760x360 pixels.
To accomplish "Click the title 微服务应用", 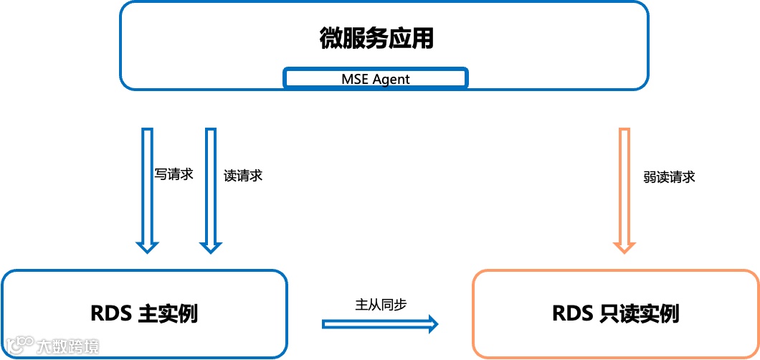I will [376, 38].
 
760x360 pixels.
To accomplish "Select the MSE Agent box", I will [376, 78].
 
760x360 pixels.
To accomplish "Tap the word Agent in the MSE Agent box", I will [390, 79].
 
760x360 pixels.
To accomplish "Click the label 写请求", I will [174, 174].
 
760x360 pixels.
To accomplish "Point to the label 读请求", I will [243, 176].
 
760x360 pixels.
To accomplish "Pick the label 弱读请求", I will [669, 177].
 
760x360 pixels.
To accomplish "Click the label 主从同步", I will [381, 304].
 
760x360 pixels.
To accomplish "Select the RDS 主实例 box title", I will [144, 313].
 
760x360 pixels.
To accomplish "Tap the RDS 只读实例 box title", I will [616, 313].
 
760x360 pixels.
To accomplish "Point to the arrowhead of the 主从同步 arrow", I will [432, 324].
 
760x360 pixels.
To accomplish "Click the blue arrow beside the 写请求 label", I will [148, 186].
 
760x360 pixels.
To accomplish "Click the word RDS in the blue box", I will [109, 313].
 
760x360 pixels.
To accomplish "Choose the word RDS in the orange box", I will [571, 313].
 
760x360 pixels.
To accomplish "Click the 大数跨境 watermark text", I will [67, 347].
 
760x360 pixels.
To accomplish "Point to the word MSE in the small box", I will [355, 79].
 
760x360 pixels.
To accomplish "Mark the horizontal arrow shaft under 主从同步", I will [373, 324].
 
